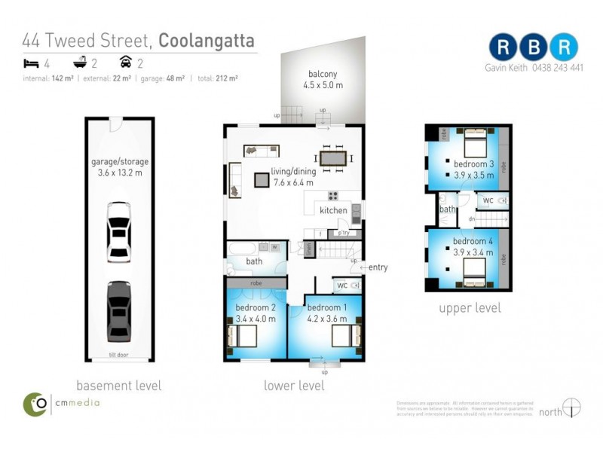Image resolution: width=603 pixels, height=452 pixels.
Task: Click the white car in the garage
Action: point(118,231)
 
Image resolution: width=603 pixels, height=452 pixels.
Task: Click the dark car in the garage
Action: point(118,310)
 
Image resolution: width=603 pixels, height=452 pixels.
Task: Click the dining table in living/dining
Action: point(333,158)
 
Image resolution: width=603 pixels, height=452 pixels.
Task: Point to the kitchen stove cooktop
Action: point(333,197)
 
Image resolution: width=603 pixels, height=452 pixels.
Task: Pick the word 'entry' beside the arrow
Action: point(378,267)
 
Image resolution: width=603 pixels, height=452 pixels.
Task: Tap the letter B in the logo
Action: point(533,47)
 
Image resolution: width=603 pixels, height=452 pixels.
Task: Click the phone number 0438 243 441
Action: point(556,67)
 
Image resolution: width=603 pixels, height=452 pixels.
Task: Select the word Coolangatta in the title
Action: point(206,41)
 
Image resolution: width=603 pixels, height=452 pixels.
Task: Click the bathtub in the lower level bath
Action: point(243,249)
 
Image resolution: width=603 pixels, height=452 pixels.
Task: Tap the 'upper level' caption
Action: point(470,308)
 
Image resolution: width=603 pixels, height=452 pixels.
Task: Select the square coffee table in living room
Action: point(262,179)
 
